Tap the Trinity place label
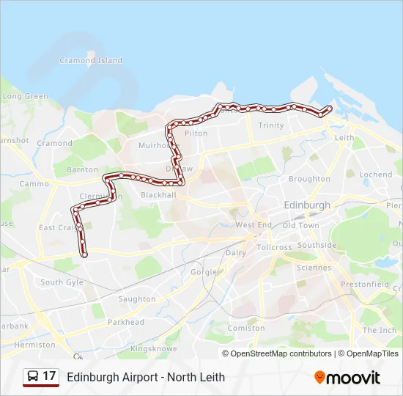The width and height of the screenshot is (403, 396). click(271, 125)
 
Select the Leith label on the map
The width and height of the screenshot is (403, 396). click(344, 137)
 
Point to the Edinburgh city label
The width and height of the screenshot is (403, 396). click(307, 205)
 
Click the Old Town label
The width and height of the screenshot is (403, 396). click(300, 225)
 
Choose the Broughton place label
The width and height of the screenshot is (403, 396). click(309, 179)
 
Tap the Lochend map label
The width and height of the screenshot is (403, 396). click(376, 175)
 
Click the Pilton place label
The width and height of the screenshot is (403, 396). click(196, 133)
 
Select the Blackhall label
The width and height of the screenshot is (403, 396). click(158, 195)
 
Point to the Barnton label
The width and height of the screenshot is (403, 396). click(82, 169)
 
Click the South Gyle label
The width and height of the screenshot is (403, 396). click(62, 282)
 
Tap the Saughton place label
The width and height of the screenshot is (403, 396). click(137, 299)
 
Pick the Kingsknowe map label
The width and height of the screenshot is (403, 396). click(151, 348)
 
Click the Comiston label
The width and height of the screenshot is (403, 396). click(246, 329)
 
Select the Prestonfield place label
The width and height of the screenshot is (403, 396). click(370, 284)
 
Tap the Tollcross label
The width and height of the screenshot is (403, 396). click(274, 247)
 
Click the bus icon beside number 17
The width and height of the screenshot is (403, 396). click(33, 377)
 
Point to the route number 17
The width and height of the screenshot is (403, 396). click(50, 377)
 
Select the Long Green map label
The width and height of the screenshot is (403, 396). click(26, 96)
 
